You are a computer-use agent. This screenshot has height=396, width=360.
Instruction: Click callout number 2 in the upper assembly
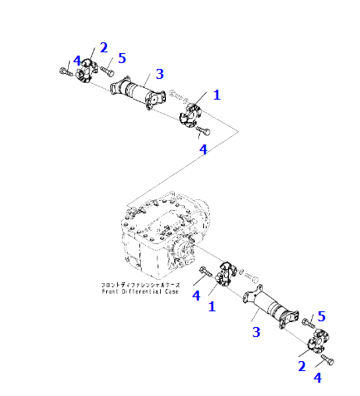(x=104, y=47)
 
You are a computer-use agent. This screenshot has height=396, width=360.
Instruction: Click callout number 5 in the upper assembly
(x=122, y=58)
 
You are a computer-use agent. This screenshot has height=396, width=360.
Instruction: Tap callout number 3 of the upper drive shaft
(x=159, y=74)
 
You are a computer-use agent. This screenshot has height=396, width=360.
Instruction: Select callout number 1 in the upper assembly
(x=216, y=95)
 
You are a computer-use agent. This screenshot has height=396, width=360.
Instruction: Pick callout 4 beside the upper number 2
(x=76, y=61)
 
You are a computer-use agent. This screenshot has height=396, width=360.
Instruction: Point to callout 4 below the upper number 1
(x=202, y=149)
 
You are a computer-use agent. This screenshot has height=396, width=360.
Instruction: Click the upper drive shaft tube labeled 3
(x=137, y=90)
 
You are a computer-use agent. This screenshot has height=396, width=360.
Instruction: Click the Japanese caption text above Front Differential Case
(x=138, y=283)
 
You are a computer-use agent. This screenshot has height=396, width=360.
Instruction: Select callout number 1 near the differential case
(x=212, y=306)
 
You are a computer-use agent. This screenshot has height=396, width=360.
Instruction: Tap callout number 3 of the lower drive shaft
(x=256, y=332)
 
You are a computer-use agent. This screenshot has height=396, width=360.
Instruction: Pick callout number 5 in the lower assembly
(x=321, y=316)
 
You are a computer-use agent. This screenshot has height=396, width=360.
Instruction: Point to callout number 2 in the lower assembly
(x=302, y=364)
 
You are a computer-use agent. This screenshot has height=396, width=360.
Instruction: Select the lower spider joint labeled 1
(x=226, y=276)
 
